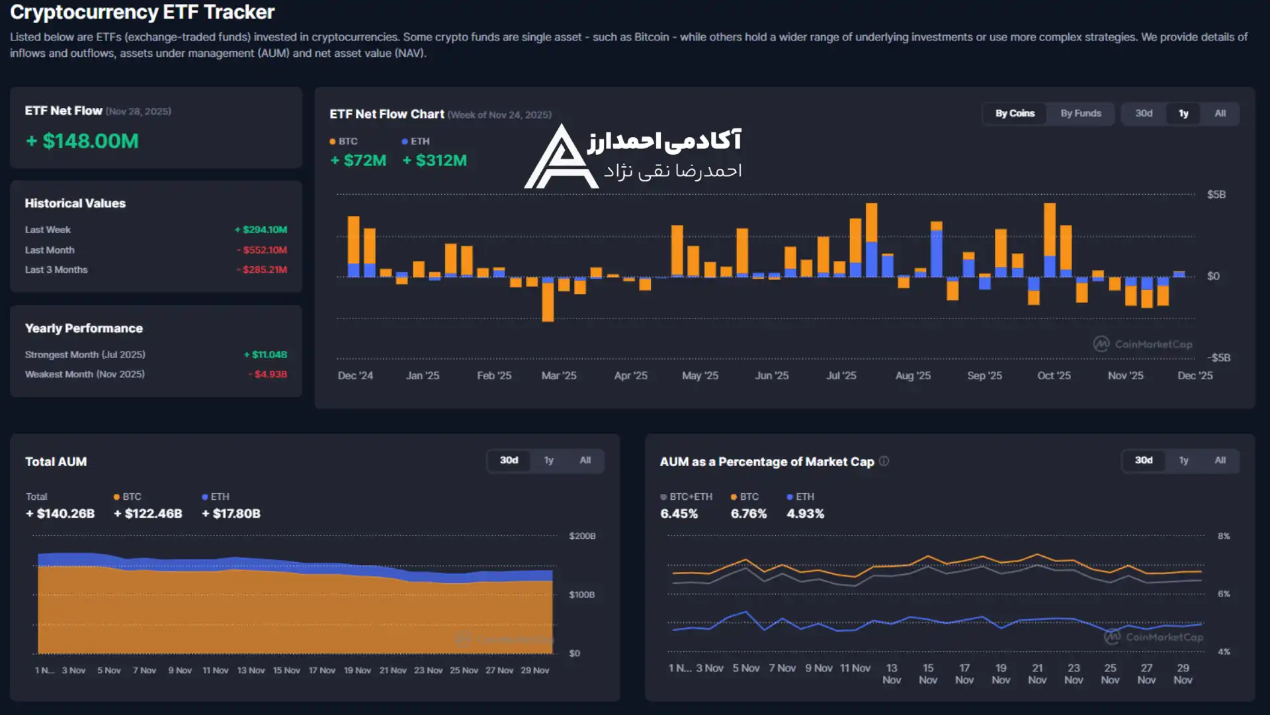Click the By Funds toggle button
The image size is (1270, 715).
(1080, 113)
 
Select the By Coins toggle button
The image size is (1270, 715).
(1015, 113)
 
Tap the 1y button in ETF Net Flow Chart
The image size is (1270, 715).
(1183, 113)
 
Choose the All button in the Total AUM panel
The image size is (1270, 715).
(585, 460)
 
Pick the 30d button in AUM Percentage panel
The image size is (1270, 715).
(1144, 460)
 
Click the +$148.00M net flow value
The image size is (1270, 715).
(82, 141)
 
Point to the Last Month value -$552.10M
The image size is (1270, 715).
(263, 250)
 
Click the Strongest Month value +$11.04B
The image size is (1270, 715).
(266, 354)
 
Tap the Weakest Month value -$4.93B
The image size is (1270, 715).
(269, 374)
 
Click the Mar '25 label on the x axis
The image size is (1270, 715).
(558, 375)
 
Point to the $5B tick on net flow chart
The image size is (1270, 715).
(1216, 194)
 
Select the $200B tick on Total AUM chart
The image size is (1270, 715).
(582, 536)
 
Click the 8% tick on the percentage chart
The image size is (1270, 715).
(1224, 536)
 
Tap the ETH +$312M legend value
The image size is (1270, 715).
(435, 160)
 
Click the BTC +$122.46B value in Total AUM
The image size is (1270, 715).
(148, 513)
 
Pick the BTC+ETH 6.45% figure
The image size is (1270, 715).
(679, 513)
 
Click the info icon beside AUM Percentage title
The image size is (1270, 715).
(884, 461)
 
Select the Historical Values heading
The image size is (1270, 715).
(75, 203)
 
